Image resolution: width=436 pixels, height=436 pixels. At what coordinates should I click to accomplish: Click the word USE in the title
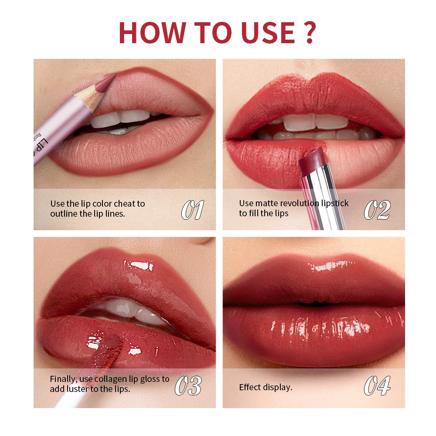[x=261, y=31]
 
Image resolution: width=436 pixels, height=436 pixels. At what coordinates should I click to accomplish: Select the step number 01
[x=192, y=211]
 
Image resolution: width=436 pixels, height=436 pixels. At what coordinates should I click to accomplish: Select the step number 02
[x=377, y=211]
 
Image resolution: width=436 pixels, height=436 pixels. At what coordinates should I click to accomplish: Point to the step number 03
[x=188, y=386]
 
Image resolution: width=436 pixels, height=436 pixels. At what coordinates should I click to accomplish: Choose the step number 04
[x=377, y=386]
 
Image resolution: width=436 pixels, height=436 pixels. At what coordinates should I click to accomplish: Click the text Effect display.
[x=266, y=387]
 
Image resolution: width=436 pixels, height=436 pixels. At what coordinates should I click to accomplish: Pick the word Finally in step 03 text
[x=63, y=379]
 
